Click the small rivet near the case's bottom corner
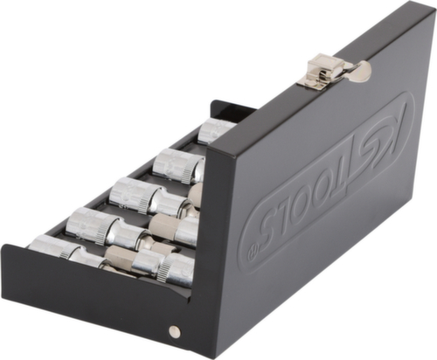pos(174,330)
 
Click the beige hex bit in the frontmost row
pos(122,257)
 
